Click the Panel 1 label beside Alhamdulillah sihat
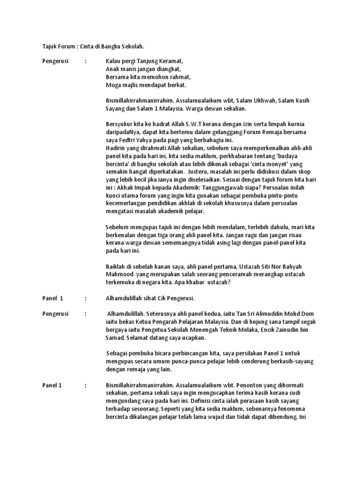click(52, 298)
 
